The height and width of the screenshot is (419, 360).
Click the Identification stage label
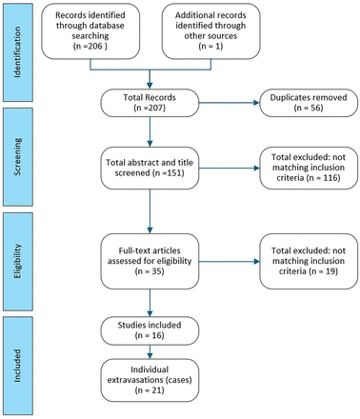click(x=20, y=39)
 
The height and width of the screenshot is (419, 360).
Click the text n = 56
click(x=300, y=110)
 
